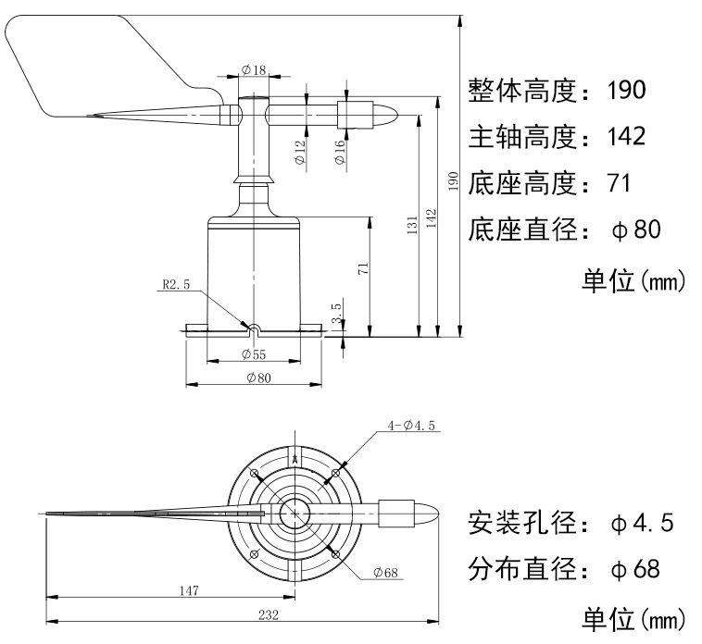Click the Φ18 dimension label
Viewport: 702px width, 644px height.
253,69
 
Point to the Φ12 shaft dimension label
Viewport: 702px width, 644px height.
300,152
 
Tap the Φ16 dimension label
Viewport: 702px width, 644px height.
340,152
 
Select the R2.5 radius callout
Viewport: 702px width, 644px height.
175,285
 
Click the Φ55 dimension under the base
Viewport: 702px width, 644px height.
254,353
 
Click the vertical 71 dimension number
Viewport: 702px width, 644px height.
364,269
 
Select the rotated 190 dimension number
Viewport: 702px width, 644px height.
453,181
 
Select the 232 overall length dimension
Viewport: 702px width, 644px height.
268,613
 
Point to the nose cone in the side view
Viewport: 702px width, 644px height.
387,116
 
